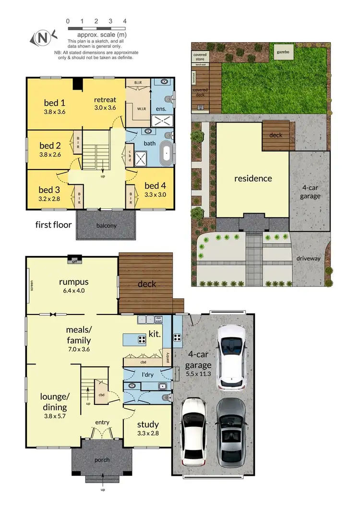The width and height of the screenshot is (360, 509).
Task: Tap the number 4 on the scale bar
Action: [x=125, y=21]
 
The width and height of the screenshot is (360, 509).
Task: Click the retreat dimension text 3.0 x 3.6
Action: [x=105, y=108]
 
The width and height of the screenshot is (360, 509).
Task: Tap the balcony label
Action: [x=107, y=226]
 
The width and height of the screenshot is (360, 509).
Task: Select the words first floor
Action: [x=53, y=224]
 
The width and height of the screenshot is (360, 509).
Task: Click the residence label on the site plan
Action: [x=253, y=178]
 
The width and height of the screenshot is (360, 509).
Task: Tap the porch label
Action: [x=102, y=460]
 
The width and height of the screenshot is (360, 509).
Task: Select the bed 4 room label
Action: [x=155, y=186]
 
